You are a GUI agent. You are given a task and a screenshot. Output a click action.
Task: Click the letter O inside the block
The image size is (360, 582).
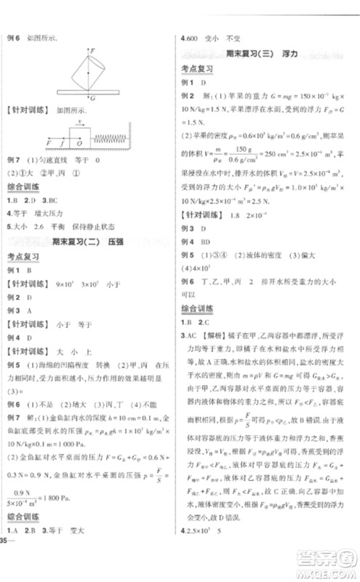pyautogui.click(x=79, y=137)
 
